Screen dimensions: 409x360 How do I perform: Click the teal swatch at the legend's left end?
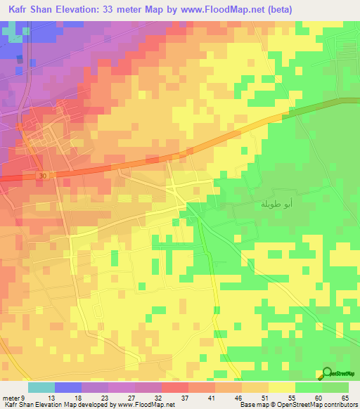(41, 388)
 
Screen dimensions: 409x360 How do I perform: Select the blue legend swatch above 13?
(68, 388)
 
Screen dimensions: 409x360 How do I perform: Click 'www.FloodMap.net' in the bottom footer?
(146, 405)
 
